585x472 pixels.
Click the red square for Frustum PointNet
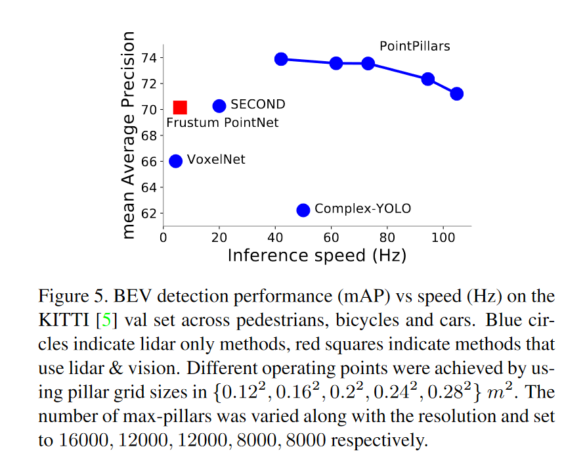pos(180,107)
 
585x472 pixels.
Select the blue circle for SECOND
pos(219,106)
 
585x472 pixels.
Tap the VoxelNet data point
pos(176,161)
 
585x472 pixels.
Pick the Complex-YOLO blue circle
pos(303,210)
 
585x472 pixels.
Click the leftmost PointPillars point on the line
pos(281,59)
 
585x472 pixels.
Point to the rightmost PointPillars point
pos(456,93)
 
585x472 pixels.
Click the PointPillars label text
pos(414,46)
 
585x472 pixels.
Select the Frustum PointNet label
pos(222,123)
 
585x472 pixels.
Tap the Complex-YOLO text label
pos(362,209)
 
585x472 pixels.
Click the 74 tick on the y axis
pos(150,58)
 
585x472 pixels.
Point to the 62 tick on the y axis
pos(150,214)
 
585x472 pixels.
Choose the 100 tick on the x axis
pos(443,236)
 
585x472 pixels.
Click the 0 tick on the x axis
pos(163,236)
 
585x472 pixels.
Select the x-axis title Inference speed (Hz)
pos(316,255)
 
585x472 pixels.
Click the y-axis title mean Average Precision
pos(129,135)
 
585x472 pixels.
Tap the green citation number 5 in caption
pos(107,321)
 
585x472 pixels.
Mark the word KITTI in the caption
pos(64,321)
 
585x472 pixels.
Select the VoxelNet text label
pos(216,160)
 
